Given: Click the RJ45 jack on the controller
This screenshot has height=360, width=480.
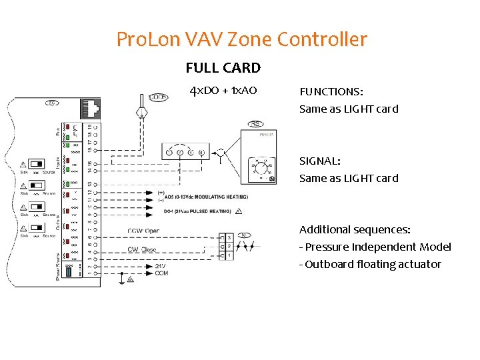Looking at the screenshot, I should point(90,107).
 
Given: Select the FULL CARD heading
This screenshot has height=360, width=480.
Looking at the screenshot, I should point(223,68).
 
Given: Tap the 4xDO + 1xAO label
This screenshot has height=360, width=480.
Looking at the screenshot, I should point(223,91).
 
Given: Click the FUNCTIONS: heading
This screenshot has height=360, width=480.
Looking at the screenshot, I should point(335,91).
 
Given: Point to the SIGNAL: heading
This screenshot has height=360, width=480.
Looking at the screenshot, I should point(320,161).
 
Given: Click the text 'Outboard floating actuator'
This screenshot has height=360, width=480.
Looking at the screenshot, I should point(373,265).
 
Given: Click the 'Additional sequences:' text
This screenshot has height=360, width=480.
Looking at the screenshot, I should point(355,230).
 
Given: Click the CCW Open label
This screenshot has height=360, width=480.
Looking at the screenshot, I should point(143,231).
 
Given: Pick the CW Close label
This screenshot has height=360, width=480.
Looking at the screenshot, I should point(142,250).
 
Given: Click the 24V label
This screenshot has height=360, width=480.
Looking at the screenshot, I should point(161,265).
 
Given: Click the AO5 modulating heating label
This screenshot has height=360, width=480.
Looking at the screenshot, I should point(206,197).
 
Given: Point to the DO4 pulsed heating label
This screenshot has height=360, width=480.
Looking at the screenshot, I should point(197,211).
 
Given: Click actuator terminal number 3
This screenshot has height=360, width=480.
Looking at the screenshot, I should point(229,237).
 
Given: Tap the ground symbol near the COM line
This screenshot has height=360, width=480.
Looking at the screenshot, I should point(121,280).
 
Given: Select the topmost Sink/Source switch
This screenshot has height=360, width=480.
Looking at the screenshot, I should point(37,163).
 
